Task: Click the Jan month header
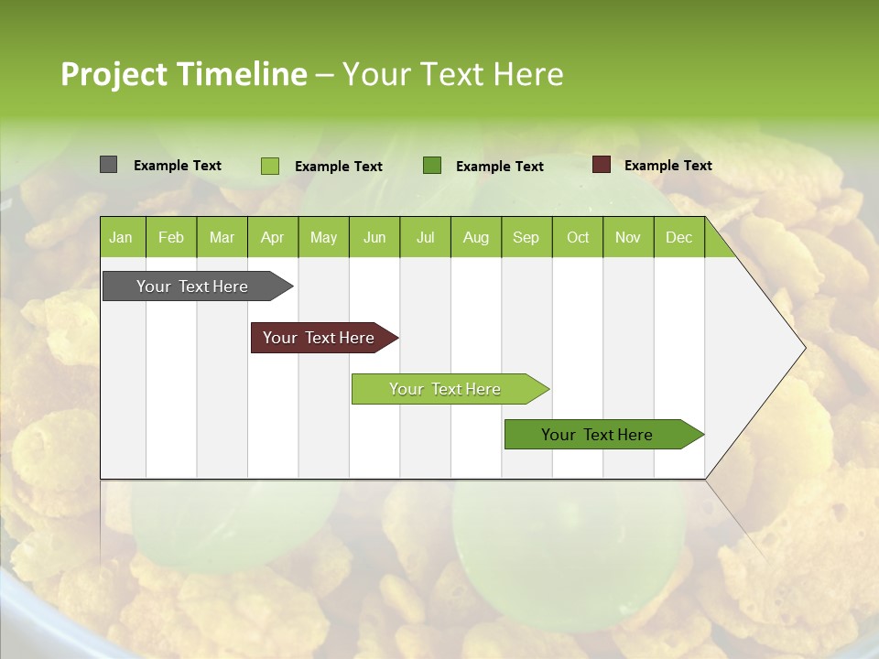click(121, 237)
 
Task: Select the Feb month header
click(171, 237)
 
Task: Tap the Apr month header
click(272, 237)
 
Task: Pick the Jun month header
click(374, 237)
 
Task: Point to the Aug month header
click(475, 237)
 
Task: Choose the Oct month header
click(578, 237)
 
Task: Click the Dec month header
click(678, 237)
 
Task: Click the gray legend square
click(108, 165)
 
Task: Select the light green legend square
click(269, 166)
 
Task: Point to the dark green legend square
click(432, 166)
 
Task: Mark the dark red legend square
click(601, 165)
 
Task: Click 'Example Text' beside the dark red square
click(667, 166)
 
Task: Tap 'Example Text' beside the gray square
click(178, 166)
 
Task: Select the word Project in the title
click(114, 74)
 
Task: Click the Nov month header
click(627, 237)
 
